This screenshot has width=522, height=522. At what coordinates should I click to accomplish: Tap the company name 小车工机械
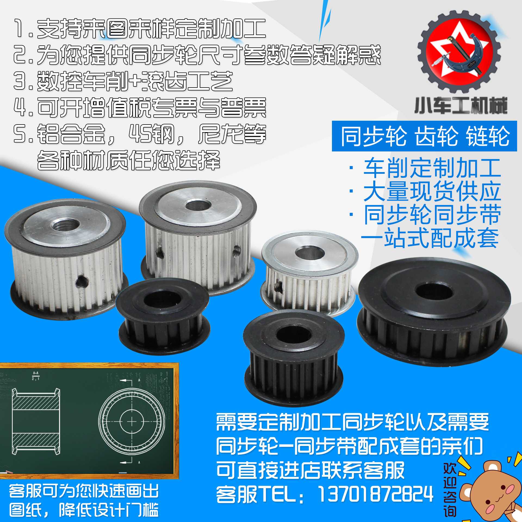(461, 105)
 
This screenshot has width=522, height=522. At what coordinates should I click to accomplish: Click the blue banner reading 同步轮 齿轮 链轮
(424, 136)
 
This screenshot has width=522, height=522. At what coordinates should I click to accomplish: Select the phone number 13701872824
(375, 494)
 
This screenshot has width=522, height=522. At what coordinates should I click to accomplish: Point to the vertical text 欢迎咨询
(450, 489)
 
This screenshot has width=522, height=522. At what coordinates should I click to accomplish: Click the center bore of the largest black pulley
(434, 293)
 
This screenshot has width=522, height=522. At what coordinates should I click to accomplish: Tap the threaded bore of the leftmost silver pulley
(66, 225)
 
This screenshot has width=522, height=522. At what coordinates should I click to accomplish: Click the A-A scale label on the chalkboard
(36, 376)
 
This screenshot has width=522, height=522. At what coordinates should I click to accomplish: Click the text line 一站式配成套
(430, 238)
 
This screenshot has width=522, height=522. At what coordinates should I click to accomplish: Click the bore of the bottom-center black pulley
(294, 334)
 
